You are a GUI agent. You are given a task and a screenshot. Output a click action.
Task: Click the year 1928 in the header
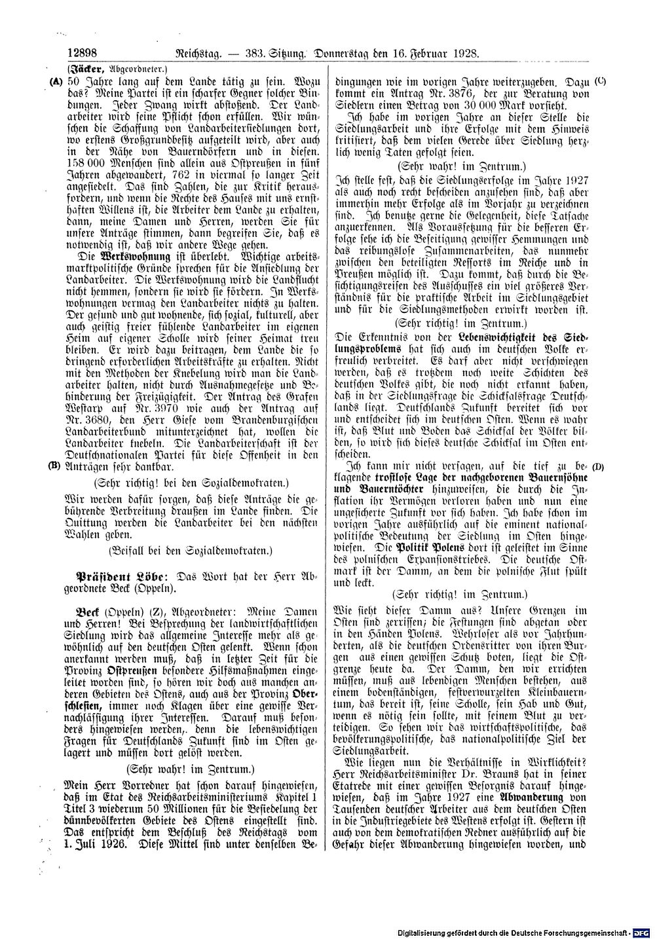click(464, 54)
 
